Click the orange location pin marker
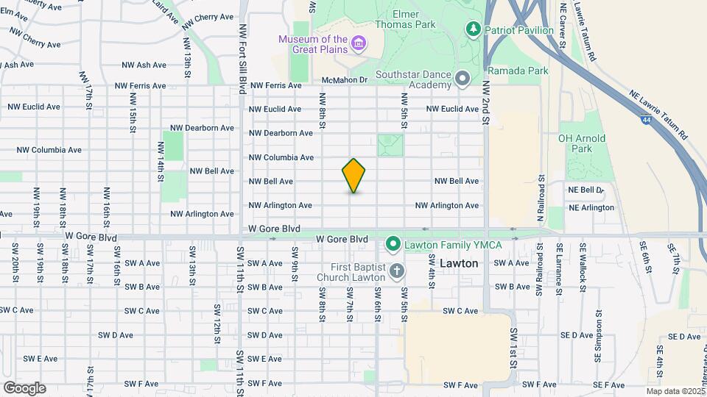(354, 176)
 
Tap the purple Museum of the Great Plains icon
(359, 43)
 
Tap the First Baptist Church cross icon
(396, 272)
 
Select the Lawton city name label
(459, 262)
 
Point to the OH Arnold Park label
(582, 143)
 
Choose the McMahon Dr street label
(344, 79)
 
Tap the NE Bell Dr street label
(586, 190)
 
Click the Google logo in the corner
(25, 387)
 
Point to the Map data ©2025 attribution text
(675, 391)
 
